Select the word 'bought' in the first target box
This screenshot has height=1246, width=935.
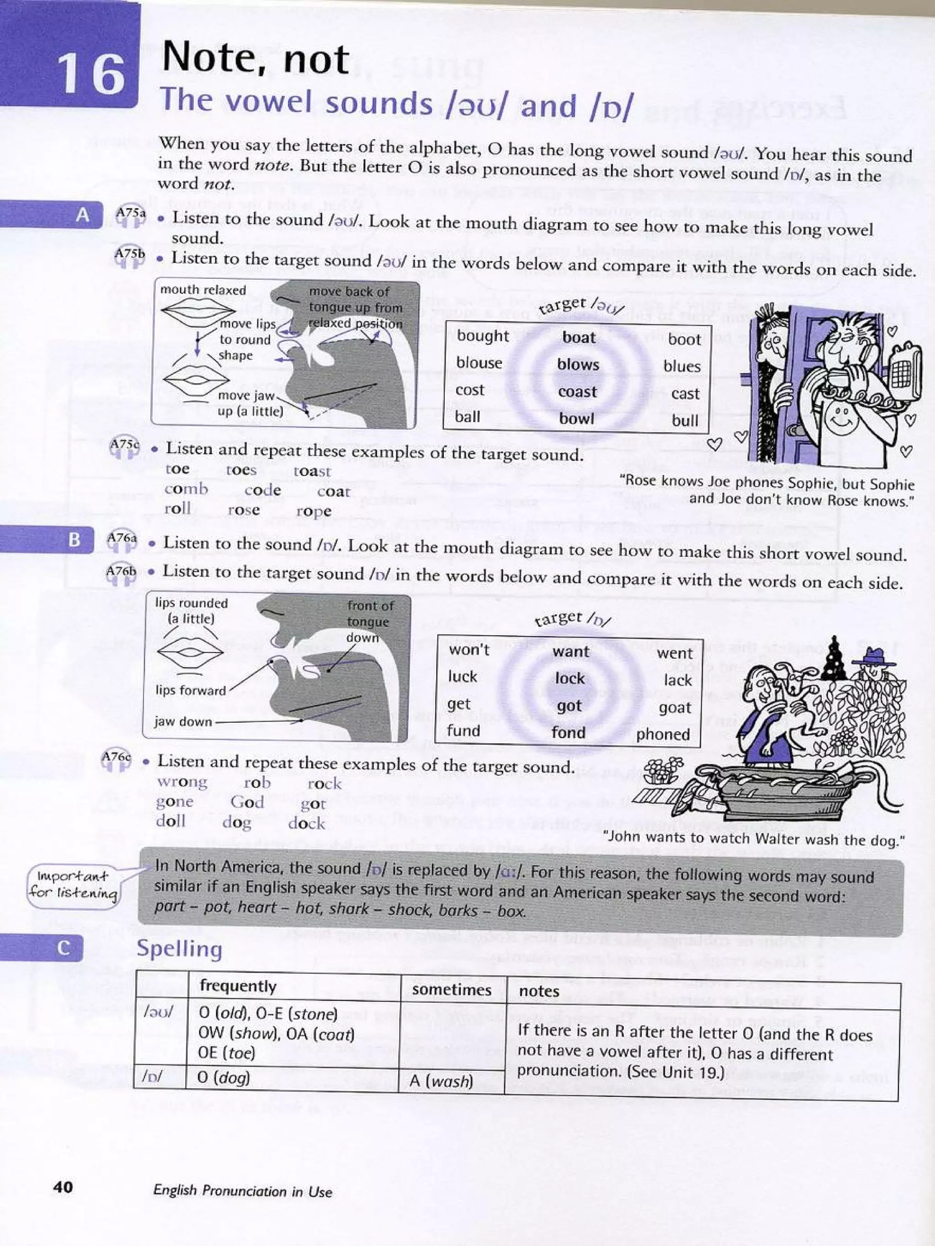483,336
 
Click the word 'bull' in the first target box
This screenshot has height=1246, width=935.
685,420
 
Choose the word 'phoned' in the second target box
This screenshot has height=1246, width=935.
663,735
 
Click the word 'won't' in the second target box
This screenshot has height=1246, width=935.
469,650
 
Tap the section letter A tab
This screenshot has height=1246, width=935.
82,214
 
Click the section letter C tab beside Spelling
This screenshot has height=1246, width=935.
63,948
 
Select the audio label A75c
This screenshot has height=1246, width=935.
124,445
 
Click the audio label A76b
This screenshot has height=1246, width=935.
121,571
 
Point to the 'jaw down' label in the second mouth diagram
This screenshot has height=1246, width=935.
183,722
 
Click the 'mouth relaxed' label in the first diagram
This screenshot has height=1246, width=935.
203,290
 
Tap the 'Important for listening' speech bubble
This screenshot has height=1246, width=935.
73,884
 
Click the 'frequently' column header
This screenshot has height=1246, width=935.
238,985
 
